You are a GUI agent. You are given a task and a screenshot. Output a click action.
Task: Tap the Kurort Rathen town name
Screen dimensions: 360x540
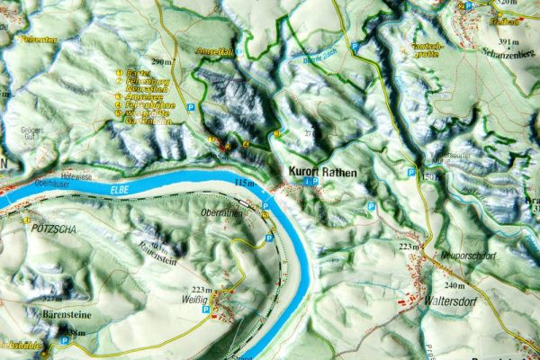point(321,172)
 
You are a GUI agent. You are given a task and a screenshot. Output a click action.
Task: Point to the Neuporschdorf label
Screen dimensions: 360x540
point(470,256)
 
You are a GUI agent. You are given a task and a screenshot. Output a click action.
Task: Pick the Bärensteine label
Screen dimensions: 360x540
point(66,316)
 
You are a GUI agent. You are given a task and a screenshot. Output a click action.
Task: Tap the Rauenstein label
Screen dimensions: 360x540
point(157,251)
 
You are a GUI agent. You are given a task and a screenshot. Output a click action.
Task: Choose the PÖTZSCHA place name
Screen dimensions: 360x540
point(50,229)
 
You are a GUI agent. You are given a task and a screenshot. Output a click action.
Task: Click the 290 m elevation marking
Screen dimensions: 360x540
point(162,61)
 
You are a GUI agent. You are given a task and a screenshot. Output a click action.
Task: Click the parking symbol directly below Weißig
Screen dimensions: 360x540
point(207,310)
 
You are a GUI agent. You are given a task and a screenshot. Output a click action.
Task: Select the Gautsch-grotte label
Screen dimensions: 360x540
point(426,49)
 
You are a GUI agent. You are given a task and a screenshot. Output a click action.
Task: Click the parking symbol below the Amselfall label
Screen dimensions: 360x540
point(192,106)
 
